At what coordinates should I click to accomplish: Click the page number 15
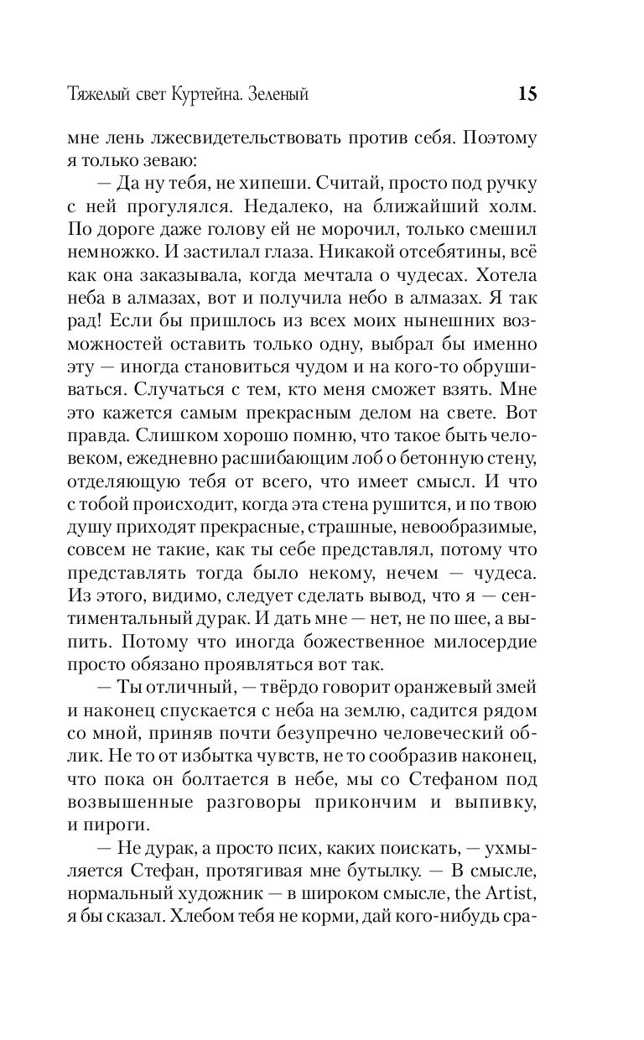point(527,94)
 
